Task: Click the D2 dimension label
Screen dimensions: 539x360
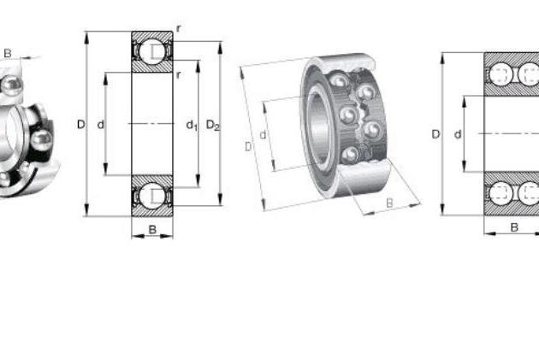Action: (x=213, y=126)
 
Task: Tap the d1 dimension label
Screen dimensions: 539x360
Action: (x=192, y=125)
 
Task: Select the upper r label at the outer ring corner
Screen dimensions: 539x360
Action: (x=178, y=28)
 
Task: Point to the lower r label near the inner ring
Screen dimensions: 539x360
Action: (x=178, y=74)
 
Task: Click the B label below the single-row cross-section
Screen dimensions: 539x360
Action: (x=152, y=229)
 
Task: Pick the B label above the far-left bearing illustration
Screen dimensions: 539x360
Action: (x=8, y=53)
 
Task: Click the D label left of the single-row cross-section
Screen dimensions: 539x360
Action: (x=80, y=124)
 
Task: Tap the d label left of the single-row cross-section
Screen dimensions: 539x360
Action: (x=100, y=124)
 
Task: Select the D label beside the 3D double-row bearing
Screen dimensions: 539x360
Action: (x=248, y=147)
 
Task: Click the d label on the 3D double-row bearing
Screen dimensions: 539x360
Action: (x=263, y=135)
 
